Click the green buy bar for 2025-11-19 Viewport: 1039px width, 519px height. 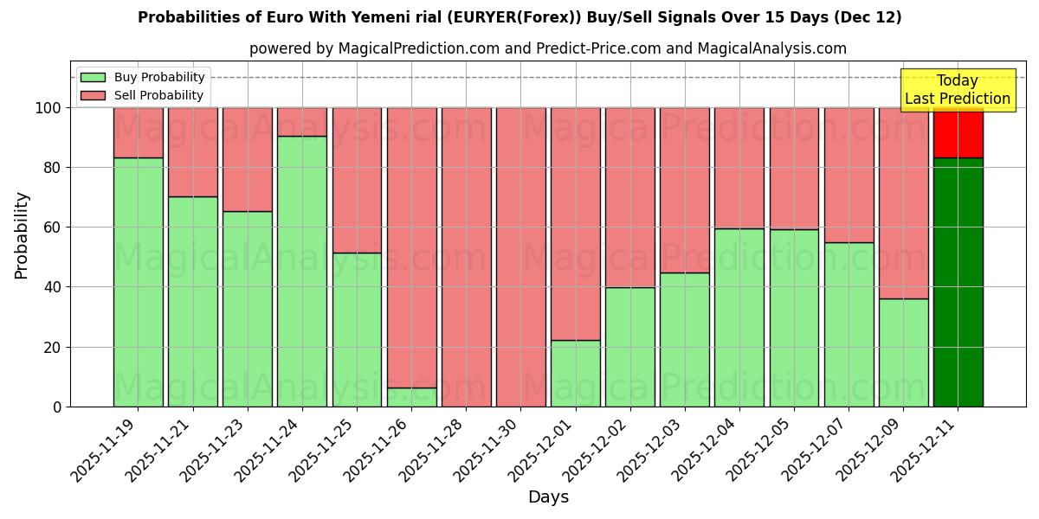(x=138, y=282)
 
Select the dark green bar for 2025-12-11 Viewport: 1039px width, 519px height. (x=958, y=282)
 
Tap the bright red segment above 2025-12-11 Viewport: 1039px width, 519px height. (x=958, y=132)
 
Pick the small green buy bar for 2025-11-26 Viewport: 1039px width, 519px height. (x=411, y=397)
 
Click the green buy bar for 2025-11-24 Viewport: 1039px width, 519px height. (x=302, y=271)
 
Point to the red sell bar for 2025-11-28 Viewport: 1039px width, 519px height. (x=466, y=257)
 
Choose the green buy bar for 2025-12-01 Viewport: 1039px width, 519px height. (x=575, y=373)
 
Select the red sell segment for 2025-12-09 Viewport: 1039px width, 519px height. (x=903, y=203)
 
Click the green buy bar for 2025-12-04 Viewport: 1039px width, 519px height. (x=739, y=317)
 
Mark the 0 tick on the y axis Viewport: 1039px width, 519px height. (x=57, y=407)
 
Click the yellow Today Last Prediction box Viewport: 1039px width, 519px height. (x=957, y=90)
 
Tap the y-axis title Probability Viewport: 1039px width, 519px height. (x=22, y=235)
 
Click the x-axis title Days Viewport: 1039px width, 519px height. (x=548, y=497)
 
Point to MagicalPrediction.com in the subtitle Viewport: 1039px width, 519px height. (x=418, y=48)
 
